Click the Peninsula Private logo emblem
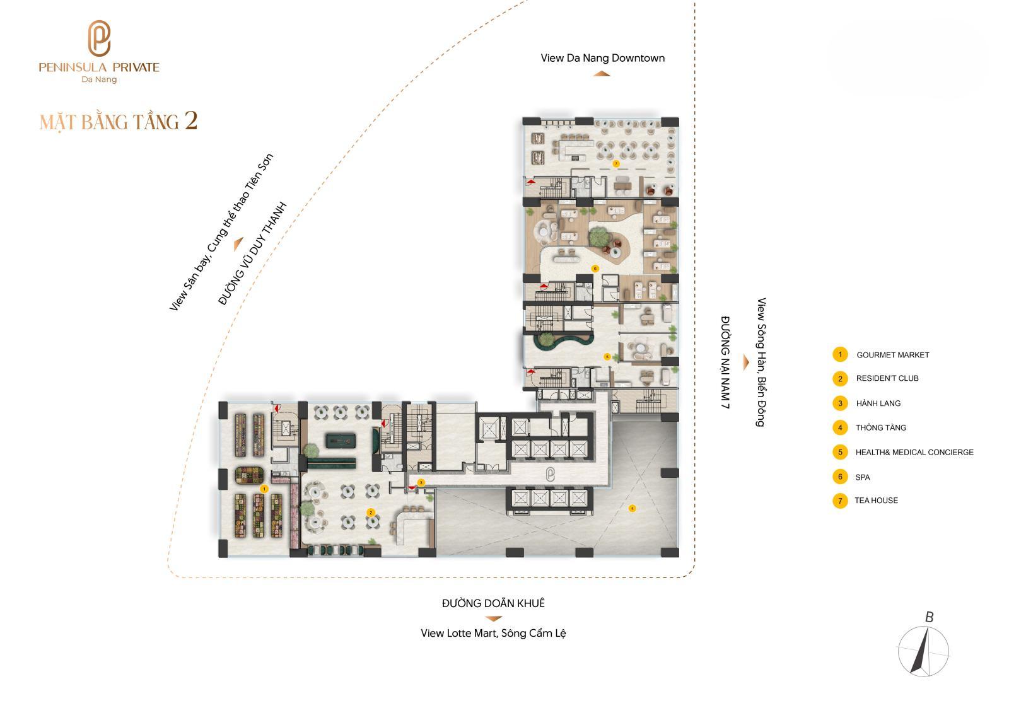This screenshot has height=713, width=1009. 98,38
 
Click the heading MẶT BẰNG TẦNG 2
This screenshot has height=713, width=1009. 119,122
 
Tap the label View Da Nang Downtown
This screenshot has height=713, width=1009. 603,58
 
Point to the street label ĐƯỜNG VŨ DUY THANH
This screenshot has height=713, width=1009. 252,254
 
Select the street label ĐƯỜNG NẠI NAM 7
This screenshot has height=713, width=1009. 725,362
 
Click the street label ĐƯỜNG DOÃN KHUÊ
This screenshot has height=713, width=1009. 493,603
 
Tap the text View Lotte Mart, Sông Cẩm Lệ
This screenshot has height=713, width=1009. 493,634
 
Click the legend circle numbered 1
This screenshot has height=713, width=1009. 840,354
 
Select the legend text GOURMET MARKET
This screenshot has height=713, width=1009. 893,355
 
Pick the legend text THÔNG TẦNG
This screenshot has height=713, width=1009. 881,427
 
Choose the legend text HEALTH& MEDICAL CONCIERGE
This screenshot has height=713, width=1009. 914,452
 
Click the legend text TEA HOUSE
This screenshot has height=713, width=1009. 876,501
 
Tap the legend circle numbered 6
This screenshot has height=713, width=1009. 840,477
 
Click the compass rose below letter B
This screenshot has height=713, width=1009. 923,651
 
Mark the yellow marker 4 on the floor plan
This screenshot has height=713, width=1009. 632,508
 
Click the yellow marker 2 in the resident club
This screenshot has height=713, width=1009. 371,512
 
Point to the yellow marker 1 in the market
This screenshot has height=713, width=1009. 264,489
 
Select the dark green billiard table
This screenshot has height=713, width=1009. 341,440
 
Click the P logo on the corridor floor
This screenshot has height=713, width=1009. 550,474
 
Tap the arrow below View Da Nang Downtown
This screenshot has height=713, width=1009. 602,74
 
